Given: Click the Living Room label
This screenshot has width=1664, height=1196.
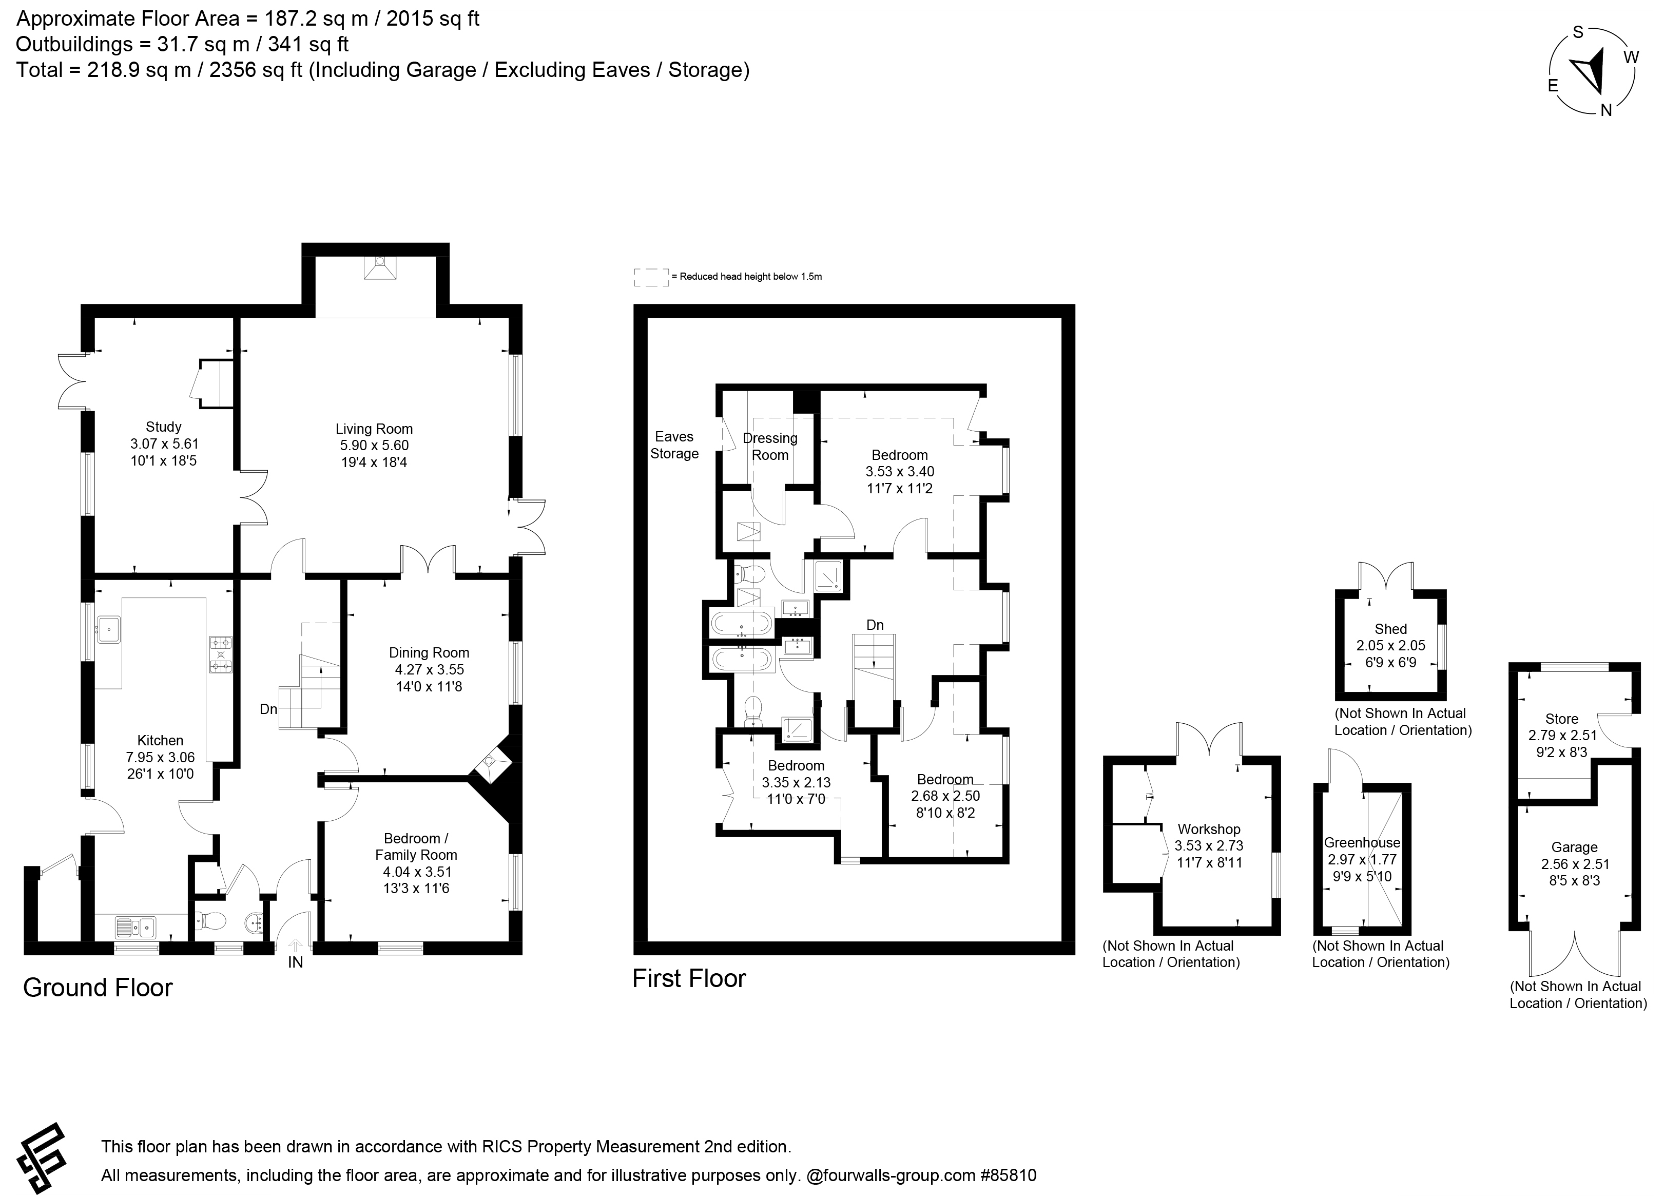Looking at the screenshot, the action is point(374,429).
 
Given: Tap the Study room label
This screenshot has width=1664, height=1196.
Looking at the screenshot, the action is point(164,427).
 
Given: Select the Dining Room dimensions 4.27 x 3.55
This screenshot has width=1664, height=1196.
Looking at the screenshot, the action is point(429,670).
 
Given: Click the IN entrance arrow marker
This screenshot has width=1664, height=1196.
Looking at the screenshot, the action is point(295,947).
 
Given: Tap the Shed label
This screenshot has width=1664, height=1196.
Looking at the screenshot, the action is point(1391,629).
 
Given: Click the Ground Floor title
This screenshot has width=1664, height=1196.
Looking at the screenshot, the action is point(98,988).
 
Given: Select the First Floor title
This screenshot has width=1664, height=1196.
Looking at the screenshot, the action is point(689,978).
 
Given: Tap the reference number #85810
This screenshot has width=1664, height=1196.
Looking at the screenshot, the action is point(1008,1175).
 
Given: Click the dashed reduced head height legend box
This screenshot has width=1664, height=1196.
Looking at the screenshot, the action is point(651,277).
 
